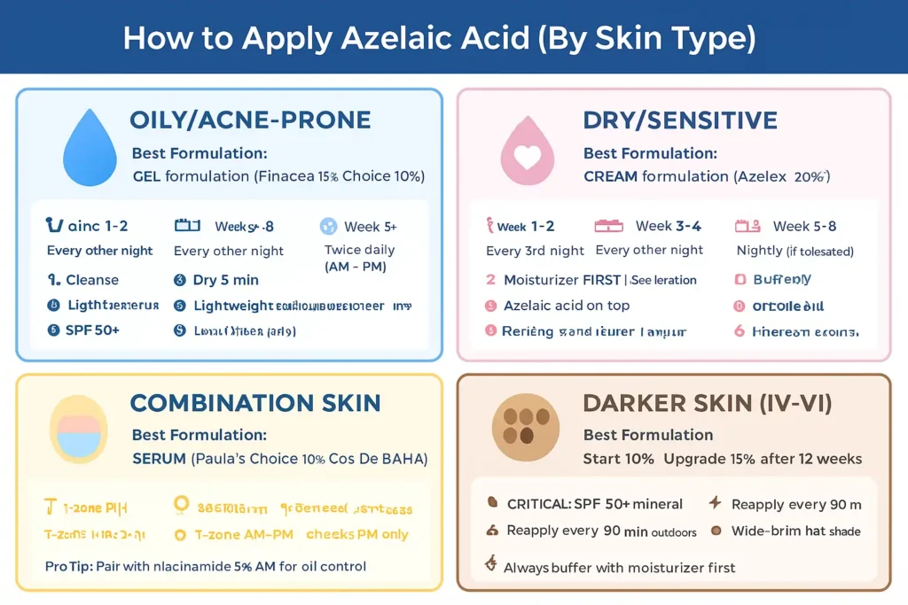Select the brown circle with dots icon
526,427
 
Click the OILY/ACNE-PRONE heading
250,120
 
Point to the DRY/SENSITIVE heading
680,120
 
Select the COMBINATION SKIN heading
255,404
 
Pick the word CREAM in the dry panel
610,176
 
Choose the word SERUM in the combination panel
159,459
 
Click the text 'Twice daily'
359,250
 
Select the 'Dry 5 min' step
225,280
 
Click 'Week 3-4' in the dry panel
668,226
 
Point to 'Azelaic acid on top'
566,306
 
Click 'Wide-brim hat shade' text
795,531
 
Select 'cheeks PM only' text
357,534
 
